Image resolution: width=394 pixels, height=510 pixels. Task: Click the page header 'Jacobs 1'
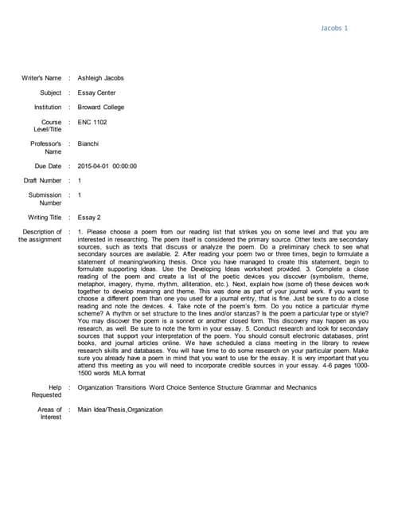pos(334,28)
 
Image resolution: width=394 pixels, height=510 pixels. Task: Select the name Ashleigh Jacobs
pos(100,78)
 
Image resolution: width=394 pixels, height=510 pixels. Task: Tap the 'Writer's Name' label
pos(41,78)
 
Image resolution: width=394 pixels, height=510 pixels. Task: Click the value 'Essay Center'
pos(96,92)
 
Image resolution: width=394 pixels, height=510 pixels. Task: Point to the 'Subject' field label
pos(50,92)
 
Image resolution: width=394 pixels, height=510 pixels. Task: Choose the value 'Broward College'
pos(101,107)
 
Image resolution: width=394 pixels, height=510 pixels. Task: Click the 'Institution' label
pos(47,107)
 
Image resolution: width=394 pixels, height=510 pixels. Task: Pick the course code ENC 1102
pos(92,122)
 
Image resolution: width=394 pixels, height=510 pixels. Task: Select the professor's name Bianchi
pos(89,143)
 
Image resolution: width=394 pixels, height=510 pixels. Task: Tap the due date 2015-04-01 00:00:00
pos(107,166)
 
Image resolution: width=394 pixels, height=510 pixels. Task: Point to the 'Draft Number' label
pos(43,180)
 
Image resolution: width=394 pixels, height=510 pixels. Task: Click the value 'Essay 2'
pos(89,217)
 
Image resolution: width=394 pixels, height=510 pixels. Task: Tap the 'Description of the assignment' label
pos(40,236)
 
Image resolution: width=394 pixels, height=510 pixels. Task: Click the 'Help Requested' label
pos(46,391)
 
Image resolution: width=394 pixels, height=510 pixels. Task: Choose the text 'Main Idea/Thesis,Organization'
pos(120,410)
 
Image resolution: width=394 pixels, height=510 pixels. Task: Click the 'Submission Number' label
pos(45,198)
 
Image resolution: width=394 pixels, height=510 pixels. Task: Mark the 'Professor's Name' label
pos(46,147)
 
